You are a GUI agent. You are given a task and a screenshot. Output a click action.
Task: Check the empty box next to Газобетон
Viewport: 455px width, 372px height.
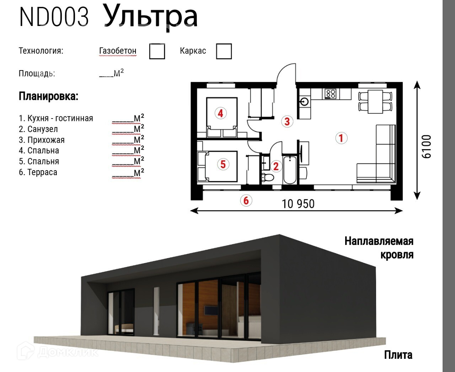pyautogui.click(x=157, y=51)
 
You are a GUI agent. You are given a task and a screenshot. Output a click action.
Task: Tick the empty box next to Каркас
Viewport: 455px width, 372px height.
pyautogui.click(x=224, y=51)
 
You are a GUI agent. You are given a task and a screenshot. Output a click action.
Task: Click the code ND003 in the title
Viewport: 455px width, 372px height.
pyautogui.click(x=54, y=17)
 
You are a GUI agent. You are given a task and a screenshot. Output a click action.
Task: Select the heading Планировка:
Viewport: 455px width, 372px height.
pyautogui.click(x=48, y=96)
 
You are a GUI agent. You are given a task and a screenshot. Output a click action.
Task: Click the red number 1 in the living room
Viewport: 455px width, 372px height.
pyautogui.click(x=341, y=138)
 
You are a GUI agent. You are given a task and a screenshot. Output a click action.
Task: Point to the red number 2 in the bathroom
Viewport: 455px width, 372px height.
pyautogui.click(x=276, y=166)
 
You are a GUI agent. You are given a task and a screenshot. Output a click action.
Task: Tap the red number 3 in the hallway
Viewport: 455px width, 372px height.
pyautogui.click(x=287, y=121)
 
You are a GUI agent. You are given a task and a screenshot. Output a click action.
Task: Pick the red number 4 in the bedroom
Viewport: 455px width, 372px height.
pyautogui.click(x=220, y=113)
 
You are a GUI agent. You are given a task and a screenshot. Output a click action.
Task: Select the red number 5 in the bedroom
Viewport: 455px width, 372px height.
pyautogui.click(x=223, y=164)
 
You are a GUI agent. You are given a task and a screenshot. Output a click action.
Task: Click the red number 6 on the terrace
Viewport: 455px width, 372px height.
pyautogui.click(x=246, y=200)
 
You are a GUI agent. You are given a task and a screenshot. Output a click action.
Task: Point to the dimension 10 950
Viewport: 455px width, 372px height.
pyautogui.click(x=298, y=204)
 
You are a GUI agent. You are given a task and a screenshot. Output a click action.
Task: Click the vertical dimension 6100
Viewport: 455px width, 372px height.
pyautogui.click(x=426, y=147)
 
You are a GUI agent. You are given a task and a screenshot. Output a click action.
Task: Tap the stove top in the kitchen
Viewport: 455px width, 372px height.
pyautogui.click(x=331, y=94)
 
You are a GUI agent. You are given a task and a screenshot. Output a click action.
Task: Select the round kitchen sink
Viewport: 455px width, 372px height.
pyautogui.click(x=304, y=101)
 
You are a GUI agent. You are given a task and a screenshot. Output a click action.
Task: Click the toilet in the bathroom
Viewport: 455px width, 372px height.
pyautogui.click(x=268, y=177)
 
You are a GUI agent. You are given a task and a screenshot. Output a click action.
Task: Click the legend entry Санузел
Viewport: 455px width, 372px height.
pyautogui.click(x=38, y=129)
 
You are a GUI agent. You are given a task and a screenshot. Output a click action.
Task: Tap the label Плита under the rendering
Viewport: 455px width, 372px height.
pyautogui.click(x=398, y=355)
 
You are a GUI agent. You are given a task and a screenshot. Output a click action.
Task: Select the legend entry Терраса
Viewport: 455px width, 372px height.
pyautogui.click(x=38, y=172)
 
